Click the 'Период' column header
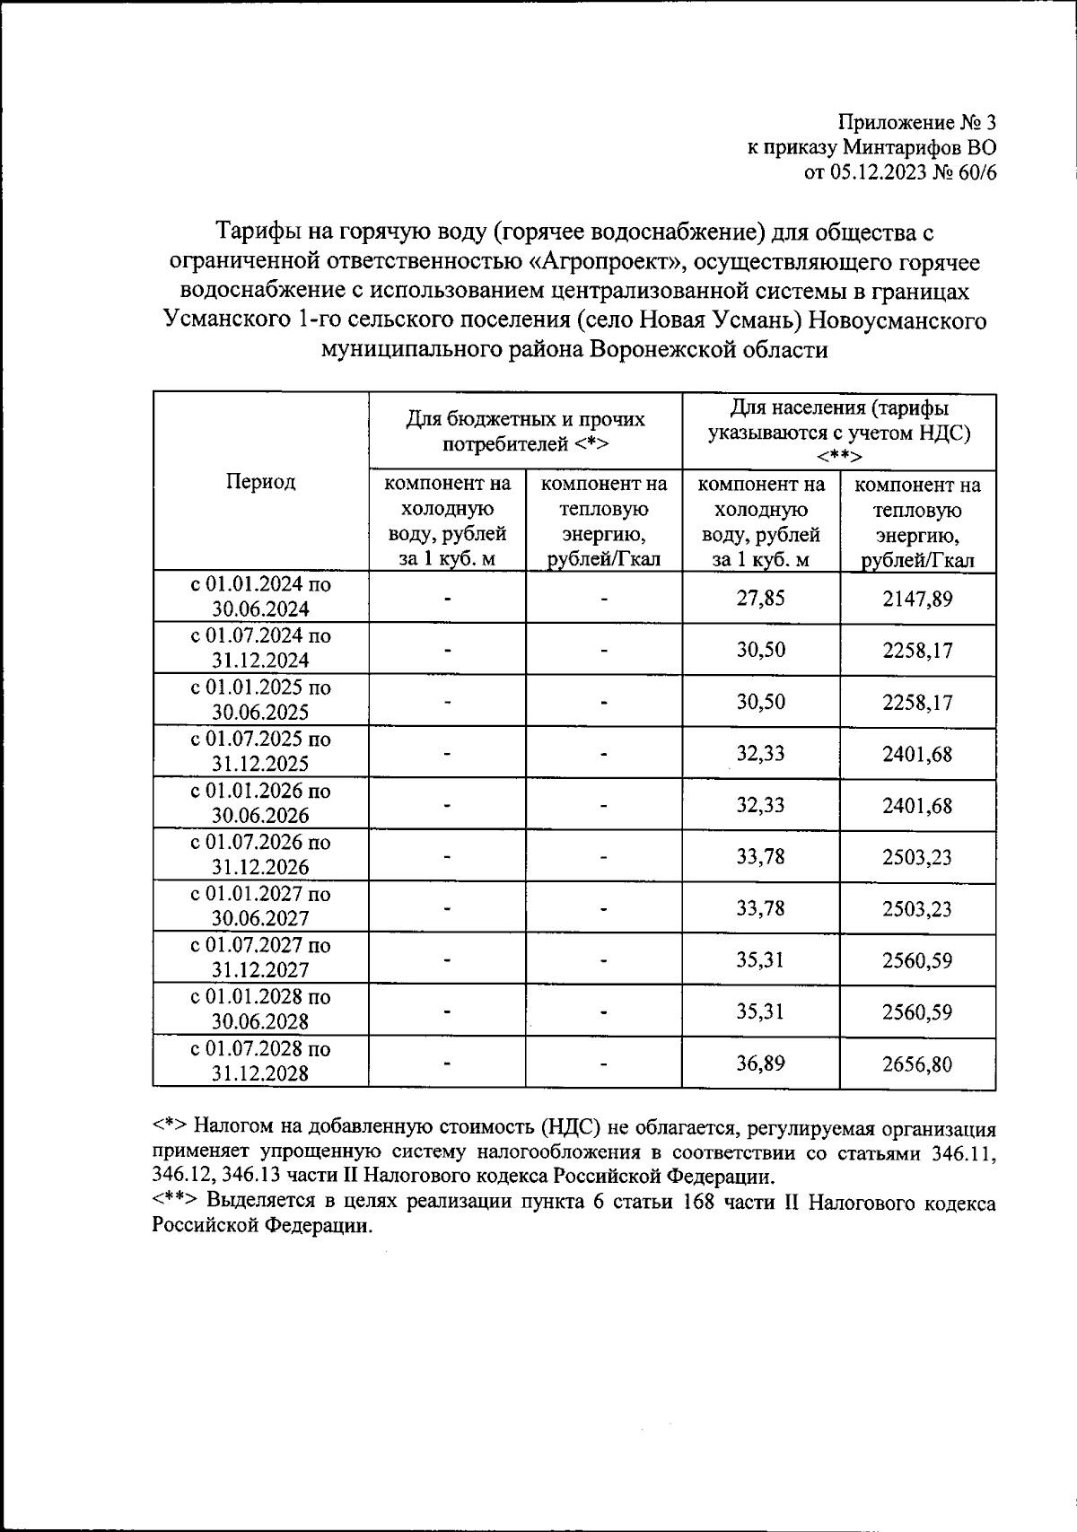coord(260,482)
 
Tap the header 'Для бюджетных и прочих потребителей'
coord(525,431)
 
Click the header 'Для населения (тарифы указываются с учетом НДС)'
coord(838,431)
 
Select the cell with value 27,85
coord(760,598)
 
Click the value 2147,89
coord(917,599)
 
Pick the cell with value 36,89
coord(760,1064)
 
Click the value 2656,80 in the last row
coord(917,1064)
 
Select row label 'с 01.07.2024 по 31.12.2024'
coord(260,648)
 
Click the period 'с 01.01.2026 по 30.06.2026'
coord(260,803)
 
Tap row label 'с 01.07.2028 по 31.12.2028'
coord(260,1062)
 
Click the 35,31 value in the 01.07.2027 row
coord(760,960)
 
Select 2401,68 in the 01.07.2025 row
coord(917,754)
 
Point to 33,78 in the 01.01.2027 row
coord(760,908)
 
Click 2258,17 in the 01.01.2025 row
coord(917,702)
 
